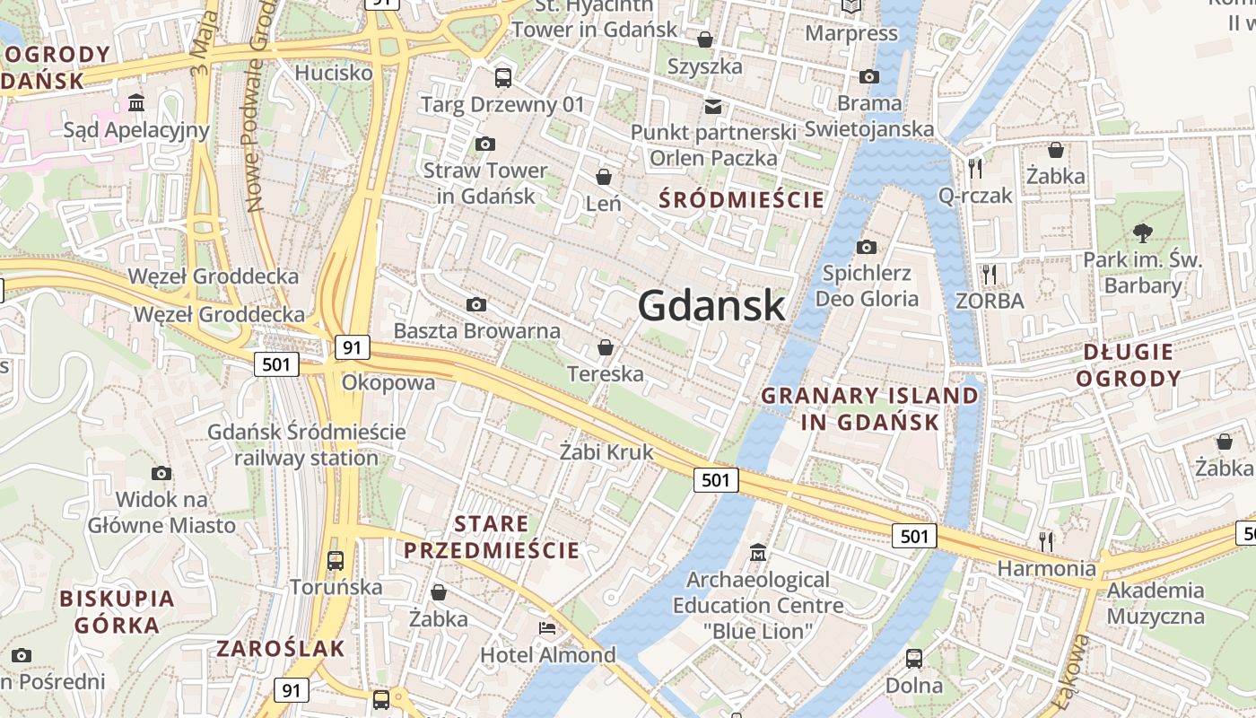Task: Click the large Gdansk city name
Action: [x=711, y=307]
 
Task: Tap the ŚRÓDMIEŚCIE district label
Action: [x=741, y=199]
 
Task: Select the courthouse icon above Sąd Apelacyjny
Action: [x=136, y=103]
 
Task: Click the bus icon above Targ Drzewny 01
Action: [x=502, y=77]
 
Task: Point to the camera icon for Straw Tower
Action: [x=484, y=144]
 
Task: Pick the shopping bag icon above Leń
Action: [x=604, y=176]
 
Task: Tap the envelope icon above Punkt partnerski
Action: [x=713, y=106]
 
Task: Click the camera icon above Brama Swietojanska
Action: [x=868, y=76]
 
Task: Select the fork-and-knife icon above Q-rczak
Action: [x=975, y=168]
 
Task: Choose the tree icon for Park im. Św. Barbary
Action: [x=1142, y=233]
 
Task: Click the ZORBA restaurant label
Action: [x=990, y=301]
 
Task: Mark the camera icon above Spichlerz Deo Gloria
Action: [x=866, y=247]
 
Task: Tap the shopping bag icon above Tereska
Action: [x=606, y=346]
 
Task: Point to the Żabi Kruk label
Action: [x=606, y=451]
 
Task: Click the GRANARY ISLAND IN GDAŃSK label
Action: [x=869, y=408]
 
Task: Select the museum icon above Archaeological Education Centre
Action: [x=758, y=552]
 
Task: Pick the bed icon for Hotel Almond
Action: [x=547, y=627]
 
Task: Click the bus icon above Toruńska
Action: [x=335, y=561]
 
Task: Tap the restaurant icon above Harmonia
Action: [x=1046, y=541]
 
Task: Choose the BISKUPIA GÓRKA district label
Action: [x=117, y=611]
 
